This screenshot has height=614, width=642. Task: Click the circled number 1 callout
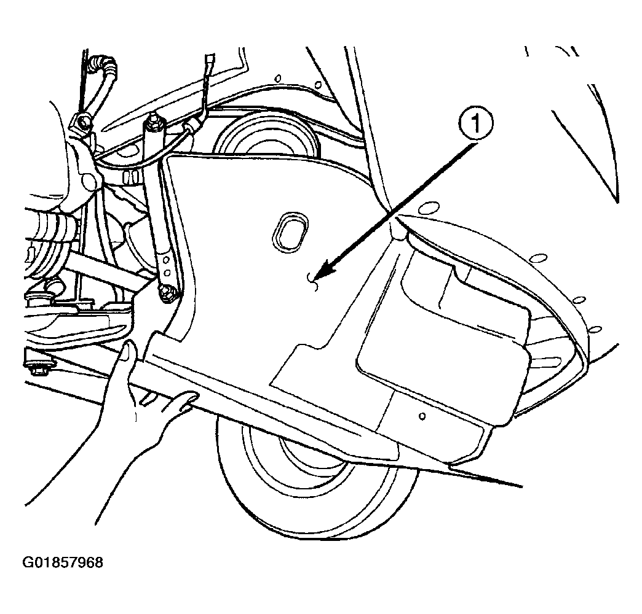(476, 124)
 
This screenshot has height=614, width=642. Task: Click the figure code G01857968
(63, 562)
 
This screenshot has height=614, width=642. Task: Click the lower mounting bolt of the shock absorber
(168, 293)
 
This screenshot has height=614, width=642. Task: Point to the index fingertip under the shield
(191, 397)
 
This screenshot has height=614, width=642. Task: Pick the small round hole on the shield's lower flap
(422, 416)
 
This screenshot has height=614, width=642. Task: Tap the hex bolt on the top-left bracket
(83, 121)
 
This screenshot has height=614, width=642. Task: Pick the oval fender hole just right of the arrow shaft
(428, 208)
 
